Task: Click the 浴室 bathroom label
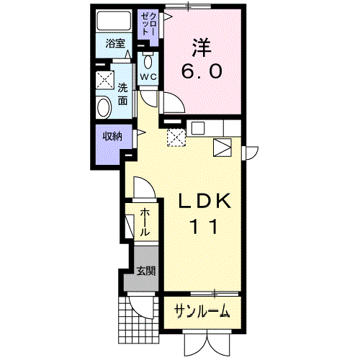pos(115,44)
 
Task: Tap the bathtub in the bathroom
pos(114,20)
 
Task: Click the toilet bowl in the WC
pos(148,61)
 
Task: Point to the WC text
pos(148,77)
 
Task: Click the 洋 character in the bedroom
pos(202,48)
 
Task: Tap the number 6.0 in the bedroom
pos(202,71)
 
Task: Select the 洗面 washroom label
pos(122,94)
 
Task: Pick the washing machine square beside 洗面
pos(105,80)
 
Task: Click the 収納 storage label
pos(112,137)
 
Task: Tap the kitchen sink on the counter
pos(198,128)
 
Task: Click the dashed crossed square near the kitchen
pos(176,138)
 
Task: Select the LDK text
pos(204,201)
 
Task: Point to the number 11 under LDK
pos(204,227)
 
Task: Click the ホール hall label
pos(145,222)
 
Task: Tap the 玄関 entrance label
pos(146,271)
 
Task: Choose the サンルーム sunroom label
pos(202,310)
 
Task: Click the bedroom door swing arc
pos(179,99)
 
